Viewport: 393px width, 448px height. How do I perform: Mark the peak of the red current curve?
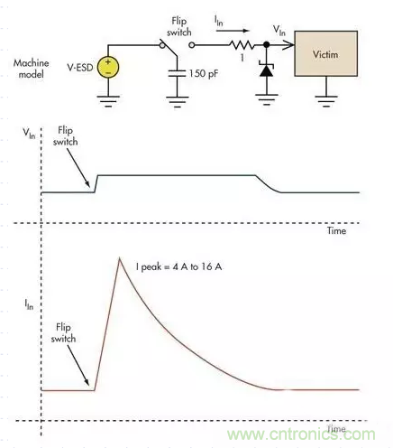[120, 258]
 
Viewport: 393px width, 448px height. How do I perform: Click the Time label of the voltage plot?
[334, 232]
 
